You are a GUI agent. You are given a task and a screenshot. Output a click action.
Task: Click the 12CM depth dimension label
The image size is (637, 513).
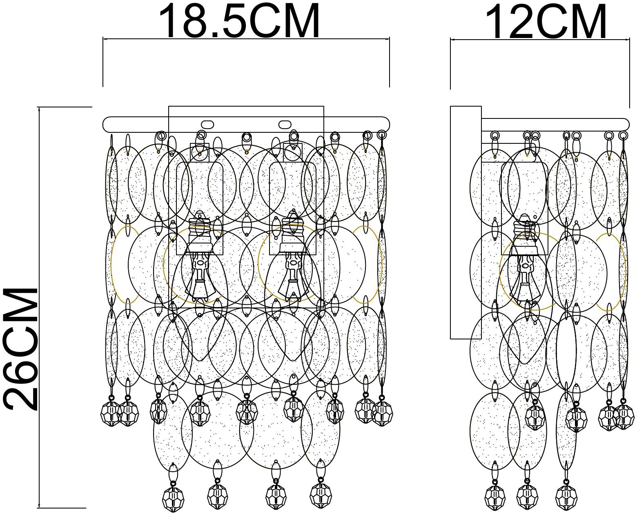click(546, 21)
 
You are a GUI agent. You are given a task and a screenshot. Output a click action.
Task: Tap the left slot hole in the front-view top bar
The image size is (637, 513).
click(207, 124)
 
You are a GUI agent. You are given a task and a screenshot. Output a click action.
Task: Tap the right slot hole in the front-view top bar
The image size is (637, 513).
click(285, 124)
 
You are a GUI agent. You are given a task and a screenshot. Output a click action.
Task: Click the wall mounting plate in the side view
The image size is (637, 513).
click(465, 222)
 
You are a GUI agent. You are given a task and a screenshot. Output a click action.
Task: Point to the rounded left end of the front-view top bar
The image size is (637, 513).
click(104, 124)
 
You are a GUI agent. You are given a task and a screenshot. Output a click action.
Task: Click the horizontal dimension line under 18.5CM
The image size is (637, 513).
click(246, 38)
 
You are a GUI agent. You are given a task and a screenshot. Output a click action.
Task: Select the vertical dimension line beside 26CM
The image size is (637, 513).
click(39, 308)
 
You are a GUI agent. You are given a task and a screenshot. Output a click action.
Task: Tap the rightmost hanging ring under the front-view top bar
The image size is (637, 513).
click(382, 135)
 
